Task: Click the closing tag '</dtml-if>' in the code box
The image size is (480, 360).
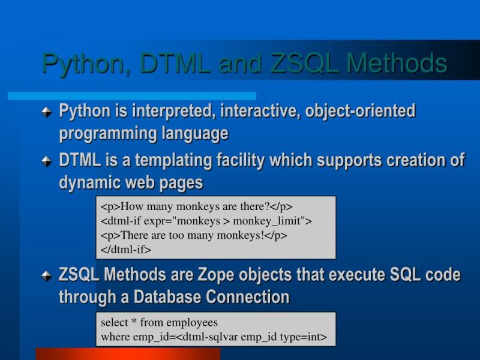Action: (x=126, y=248)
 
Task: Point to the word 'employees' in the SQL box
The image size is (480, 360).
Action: (x=193, y=323)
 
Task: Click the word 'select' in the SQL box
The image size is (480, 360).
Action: (x=114, y=323)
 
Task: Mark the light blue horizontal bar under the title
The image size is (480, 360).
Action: (x=132, y=96)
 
